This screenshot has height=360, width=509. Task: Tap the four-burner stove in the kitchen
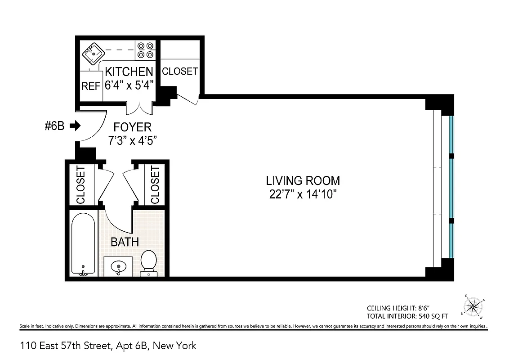[145, 50]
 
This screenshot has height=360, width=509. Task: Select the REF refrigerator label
[91, 86]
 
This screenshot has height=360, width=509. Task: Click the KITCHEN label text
[129, 72]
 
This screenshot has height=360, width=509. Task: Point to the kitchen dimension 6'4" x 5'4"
[129, 85]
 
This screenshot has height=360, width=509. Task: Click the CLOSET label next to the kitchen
[179, 71]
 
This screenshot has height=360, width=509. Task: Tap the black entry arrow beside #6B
[75, 126]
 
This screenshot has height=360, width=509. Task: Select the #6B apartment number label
[54, 126]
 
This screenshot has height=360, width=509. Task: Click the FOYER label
[132, 127]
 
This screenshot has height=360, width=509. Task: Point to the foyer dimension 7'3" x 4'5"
[132, 140]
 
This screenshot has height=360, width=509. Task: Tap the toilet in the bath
[148, 263]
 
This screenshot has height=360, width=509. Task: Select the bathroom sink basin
[118, 266]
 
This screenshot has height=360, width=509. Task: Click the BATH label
[125, 242]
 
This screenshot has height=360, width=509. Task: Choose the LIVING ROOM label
[303, 181]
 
